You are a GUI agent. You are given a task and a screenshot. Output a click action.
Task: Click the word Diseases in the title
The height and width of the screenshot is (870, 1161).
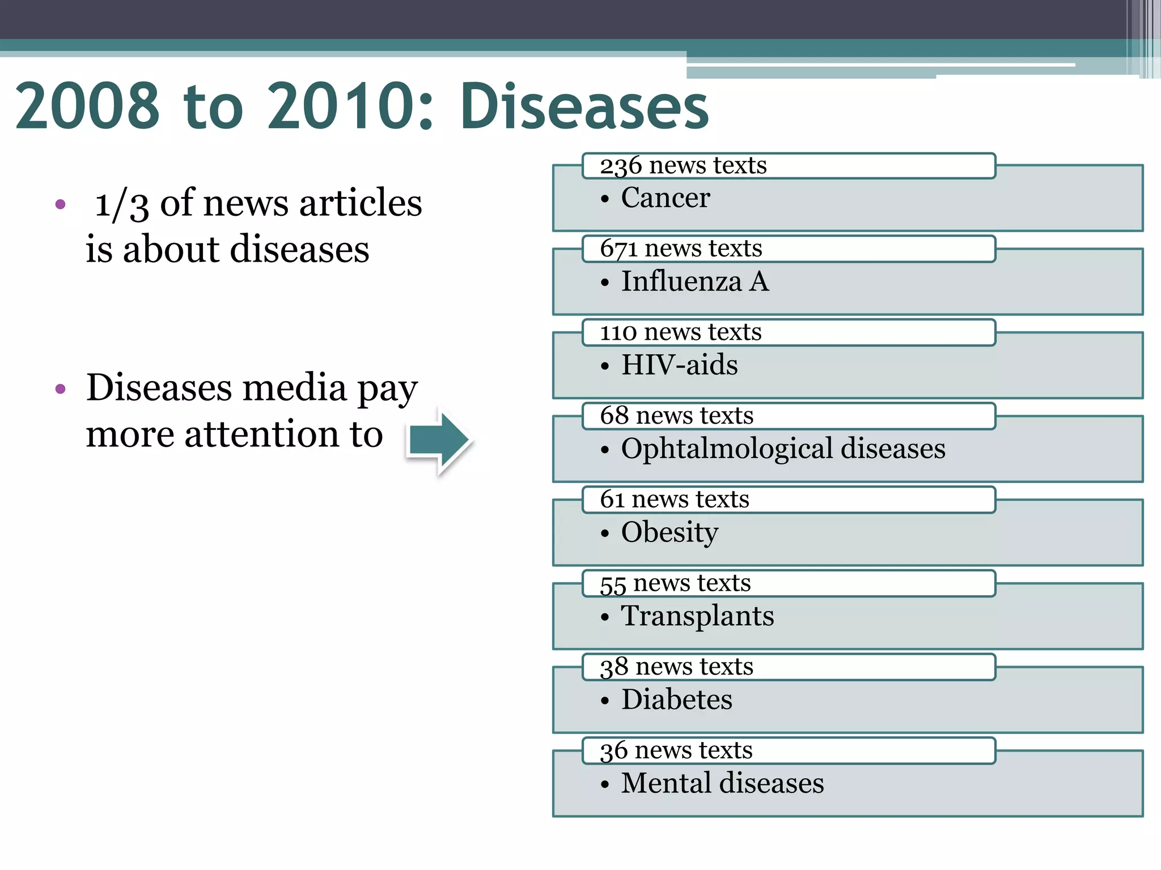584,106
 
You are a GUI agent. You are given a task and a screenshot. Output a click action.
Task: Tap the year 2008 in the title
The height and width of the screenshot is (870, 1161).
88,106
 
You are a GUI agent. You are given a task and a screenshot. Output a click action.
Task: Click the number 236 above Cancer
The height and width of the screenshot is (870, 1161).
620,166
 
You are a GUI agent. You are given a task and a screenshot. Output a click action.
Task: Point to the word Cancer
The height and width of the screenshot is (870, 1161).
666,198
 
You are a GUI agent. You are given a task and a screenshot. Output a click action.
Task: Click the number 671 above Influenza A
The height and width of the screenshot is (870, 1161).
618,249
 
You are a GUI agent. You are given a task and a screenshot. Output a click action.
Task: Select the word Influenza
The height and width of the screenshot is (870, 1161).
681,282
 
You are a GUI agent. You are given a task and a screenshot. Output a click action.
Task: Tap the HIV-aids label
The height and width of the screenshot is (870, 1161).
679,365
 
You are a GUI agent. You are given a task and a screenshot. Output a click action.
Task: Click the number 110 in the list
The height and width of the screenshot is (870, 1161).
618,332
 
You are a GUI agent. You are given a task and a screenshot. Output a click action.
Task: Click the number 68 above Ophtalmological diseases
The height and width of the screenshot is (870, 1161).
615,416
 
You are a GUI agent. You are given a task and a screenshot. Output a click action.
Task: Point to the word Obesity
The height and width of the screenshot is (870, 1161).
670,532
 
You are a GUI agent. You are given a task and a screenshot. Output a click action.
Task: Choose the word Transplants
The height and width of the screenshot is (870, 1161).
697,616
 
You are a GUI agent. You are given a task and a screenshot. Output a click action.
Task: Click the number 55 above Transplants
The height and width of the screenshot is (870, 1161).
613,584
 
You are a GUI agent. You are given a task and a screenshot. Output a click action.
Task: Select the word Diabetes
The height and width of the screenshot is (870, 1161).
677,700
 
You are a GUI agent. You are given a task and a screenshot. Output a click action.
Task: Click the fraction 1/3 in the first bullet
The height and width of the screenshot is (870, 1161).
122,204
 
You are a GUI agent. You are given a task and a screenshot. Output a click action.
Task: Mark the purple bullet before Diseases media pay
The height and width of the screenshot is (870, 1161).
61,389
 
